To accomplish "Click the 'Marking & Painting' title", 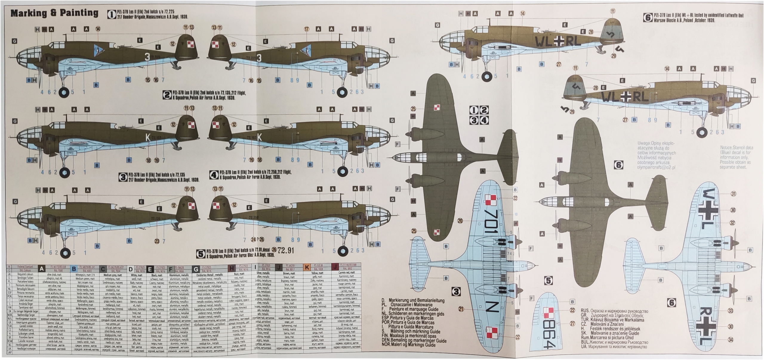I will [x=54, y=13].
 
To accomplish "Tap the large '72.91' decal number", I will [x=286, y=250].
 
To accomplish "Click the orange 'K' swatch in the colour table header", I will [x=306, y=268].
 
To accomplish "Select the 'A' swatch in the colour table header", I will [x=42, y=269].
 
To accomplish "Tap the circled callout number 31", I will [x=733, y=194].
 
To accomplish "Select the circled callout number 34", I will [x=731, y=340].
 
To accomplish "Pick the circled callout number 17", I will [x=306, y=29].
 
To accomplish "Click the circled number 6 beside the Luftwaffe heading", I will [x=647, y=18].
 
